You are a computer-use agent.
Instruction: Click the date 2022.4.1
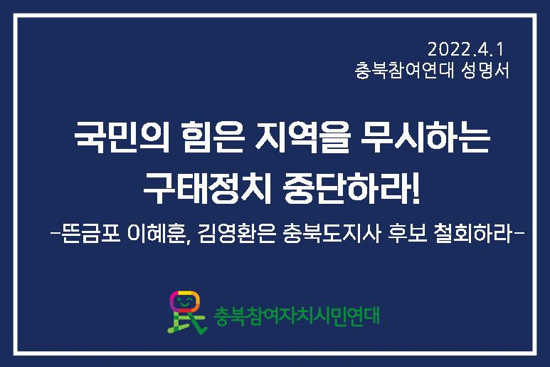point(465,49)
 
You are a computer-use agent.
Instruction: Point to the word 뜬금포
point(90,233)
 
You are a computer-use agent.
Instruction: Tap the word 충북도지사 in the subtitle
point(331,233)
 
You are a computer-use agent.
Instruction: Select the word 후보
point(407,233)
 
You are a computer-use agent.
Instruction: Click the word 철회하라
point(475,233)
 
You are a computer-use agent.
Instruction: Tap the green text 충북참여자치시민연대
point(297,316)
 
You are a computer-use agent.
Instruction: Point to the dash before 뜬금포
point(55,233)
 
